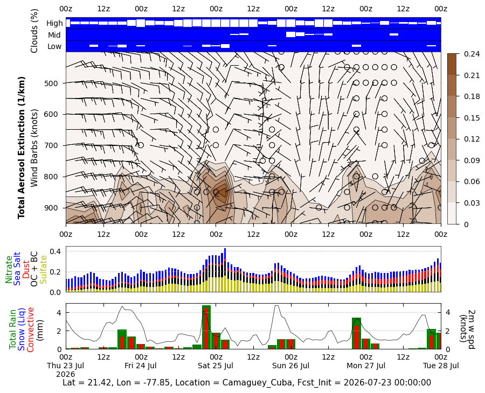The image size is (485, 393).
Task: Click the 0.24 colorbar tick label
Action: point(471,54)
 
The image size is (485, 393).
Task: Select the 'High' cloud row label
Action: point(54,23)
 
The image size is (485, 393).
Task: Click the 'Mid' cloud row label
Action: point(54,35)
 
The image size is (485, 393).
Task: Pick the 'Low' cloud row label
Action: point(54,46)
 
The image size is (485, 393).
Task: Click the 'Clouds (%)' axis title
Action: point(34,31)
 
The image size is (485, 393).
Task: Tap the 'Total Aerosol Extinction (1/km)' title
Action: point(21,148)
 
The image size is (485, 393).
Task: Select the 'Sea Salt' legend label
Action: point(17,269)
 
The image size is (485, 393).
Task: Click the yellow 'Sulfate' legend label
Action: point(43,270)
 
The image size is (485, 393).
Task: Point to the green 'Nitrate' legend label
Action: point(8,269)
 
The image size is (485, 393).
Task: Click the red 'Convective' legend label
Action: point(30,329)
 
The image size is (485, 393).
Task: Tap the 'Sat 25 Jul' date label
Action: point(216,366)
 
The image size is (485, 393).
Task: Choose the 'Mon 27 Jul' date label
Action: point(366,366)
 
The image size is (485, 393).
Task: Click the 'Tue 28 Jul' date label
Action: point(441,366)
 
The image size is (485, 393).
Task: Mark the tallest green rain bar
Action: point(206,327)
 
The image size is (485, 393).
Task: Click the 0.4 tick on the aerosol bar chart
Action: point(56,251)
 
